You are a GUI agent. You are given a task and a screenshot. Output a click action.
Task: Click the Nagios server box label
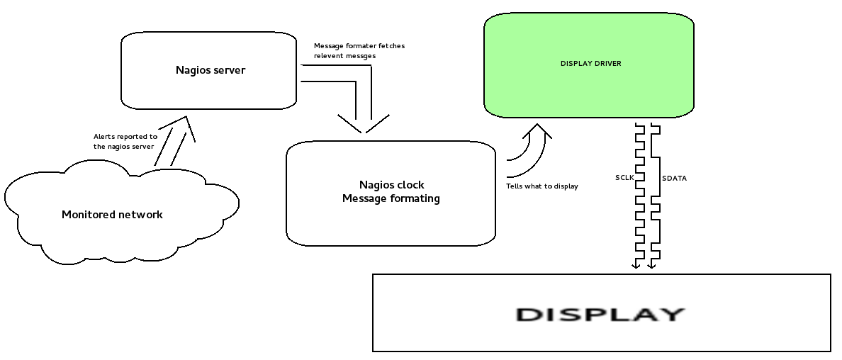coord(210,70)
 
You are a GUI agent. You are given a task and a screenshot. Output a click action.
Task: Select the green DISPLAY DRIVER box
coord(589,64)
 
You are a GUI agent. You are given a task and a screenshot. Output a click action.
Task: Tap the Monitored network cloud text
coord(112,215)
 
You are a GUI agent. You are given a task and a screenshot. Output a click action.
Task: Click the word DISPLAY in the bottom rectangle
coord(600,314)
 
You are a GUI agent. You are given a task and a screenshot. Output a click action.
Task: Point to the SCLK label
coord(624,178)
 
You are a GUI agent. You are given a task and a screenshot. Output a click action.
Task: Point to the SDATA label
coord(673,179)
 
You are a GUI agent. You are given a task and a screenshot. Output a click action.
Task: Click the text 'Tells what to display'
coord(541,186)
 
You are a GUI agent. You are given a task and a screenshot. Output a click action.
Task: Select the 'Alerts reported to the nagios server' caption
coord(125,141)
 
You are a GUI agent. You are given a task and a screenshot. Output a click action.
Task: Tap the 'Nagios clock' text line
coord(391,185)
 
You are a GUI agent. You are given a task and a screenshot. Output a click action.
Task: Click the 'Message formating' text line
coord(391,198)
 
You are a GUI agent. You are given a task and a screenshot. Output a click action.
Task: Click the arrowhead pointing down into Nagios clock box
coord(363,130)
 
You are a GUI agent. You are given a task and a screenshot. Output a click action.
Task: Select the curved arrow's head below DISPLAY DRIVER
coord(537,128)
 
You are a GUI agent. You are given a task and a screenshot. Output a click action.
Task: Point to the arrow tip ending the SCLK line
coord(636,267)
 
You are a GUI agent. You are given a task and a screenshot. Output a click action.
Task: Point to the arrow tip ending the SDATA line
coord(652,267)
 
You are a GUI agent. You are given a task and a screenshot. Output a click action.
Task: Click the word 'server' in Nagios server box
coord(228,70)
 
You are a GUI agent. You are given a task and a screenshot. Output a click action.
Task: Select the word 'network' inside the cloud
coord(137,215)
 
